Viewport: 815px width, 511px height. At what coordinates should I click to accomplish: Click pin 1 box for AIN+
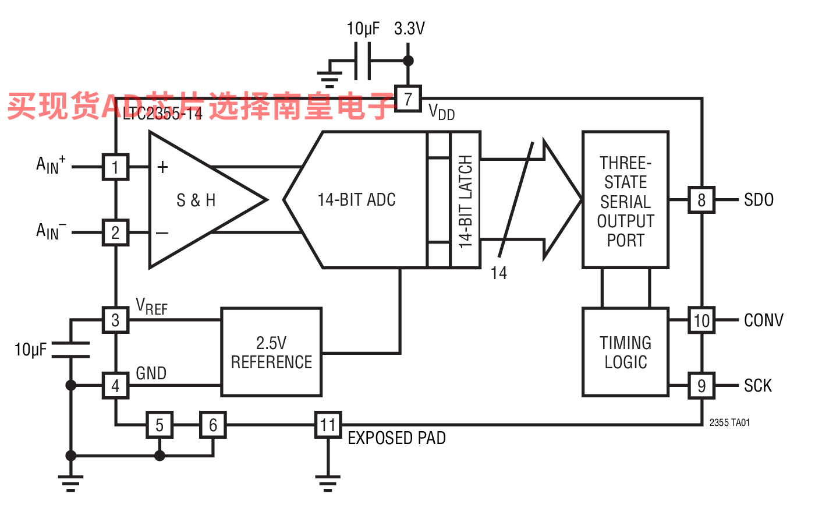(115, 167)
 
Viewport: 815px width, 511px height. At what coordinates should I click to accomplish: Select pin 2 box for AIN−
(115, 232)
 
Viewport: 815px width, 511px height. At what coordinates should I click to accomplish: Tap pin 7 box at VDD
(408, 98)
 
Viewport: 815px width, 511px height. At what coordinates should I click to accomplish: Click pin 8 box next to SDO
(701, 200)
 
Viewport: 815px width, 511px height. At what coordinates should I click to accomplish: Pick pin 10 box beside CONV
(701, 320)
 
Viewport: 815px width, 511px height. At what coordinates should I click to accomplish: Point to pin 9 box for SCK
(701, 385)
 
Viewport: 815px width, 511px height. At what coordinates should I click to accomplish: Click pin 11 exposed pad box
(328, 425)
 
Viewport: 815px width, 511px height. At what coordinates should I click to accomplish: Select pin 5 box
(160, 425)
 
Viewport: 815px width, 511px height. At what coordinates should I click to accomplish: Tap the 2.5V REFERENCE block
(271, 352)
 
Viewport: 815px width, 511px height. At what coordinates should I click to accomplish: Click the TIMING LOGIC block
(625, 352)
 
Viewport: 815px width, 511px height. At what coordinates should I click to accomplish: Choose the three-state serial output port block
(625, 200)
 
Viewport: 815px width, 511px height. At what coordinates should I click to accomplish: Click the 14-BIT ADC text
(356, 200)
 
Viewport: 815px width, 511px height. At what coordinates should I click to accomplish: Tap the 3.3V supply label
(409, 28)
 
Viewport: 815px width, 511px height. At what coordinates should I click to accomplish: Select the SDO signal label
(759, 200)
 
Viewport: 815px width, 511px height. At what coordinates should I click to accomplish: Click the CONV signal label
(763, 320)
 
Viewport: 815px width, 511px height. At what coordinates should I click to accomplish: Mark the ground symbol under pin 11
(328, 482)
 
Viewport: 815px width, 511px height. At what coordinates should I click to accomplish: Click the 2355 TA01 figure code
(729, 422)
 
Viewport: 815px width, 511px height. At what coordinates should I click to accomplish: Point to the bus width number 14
(498, 273)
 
